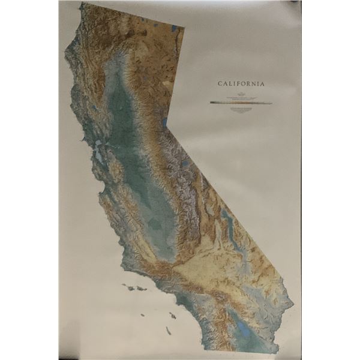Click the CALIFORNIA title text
(x=241, y=85)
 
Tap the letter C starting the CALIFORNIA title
(x=220, y=85)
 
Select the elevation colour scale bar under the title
(x=241, y=103)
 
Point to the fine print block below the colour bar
(x=241, y=109)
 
